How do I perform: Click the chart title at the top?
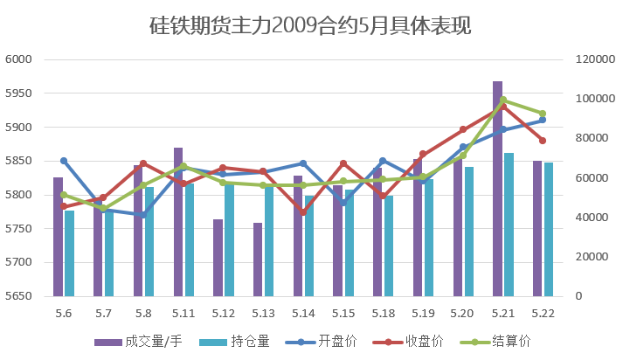pos(311,26)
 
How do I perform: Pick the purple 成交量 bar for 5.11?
pos(178,222)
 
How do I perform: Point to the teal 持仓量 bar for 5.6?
pos(69,253)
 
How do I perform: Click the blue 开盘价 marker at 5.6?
pos(64,161)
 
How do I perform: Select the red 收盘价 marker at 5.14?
pos(303,212)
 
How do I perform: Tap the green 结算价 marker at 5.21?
pos(502,100)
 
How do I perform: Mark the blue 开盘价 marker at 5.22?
pos(543,120)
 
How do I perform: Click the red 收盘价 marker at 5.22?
pos(543,141)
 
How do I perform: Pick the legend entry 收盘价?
pos(426,341)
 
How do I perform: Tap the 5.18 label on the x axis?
pos(383,313)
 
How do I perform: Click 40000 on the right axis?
pos(592,218)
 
